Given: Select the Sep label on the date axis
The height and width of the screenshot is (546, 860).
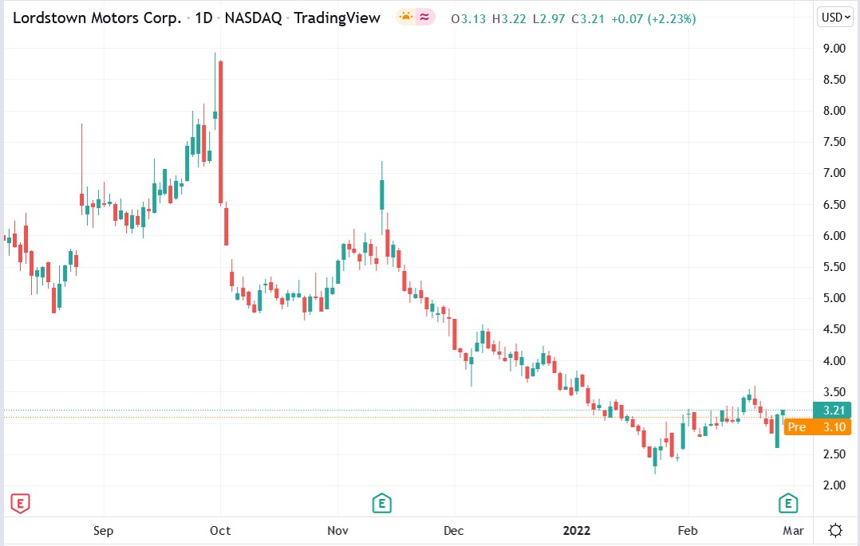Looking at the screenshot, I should tap(104, 530).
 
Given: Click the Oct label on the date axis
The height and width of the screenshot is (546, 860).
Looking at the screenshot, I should tap(220, 530).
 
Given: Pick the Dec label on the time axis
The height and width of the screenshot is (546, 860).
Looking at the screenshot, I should tap(453, 530).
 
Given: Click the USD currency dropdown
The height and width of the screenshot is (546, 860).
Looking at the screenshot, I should tap(835, 17).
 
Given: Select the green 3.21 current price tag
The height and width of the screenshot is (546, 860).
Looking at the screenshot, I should tap(831, 410).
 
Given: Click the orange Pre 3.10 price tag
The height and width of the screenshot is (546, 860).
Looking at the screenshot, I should tap(817, 427).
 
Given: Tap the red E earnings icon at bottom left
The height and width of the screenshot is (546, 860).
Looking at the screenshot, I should tap(19, 503).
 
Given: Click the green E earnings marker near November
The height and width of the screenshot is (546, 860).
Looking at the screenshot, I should tap(381, 503).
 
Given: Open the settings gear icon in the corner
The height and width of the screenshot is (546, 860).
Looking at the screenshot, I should tap(835, 530).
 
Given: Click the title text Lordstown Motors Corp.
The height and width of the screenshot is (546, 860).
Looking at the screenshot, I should tap(97, 18).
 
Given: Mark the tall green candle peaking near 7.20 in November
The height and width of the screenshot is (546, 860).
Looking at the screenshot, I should tap(382, 194).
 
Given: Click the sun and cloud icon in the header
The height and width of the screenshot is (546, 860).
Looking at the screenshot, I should tap(405, 18).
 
